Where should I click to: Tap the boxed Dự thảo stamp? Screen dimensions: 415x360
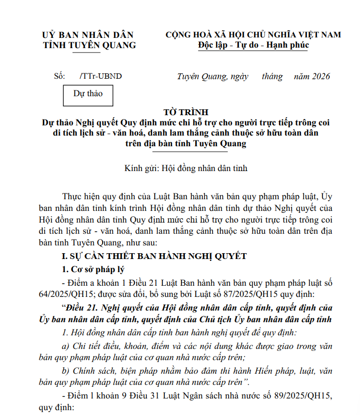(88, 94)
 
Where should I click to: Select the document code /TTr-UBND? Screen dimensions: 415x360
(100, 76)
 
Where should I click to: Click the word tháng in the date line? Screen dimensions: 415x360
(271, 76)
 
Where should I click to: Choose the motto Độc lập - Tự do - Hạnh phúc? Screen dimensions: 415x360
(253, 45)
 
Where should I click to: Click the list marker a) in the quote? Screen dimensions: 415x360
(67, 346)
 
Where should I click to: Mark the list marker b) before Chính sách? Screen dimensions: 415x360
(67, 371)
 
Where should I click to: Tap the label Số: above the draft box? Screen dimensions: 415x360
(59, 76)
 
